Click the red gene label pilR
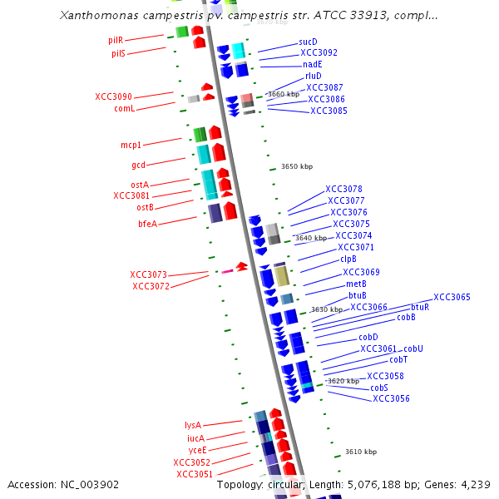(116, 39)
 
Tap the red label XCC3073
(148, 274)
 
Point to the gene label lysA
(193, 425)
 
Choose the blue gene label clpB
(348, 259)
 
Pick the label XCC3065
(452, 297)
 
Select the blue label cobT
(398, 359)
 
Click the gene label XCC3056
(391, 398)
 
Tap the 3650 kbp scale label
(297, 166)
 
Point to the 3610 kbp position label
(361, 452)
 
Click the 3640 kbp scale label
(311, 238)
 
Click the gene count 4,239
(472, 484)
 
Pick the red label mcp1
(131, 145)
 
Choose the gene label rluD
(313, 76)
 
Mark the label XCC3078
(343, 189)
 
